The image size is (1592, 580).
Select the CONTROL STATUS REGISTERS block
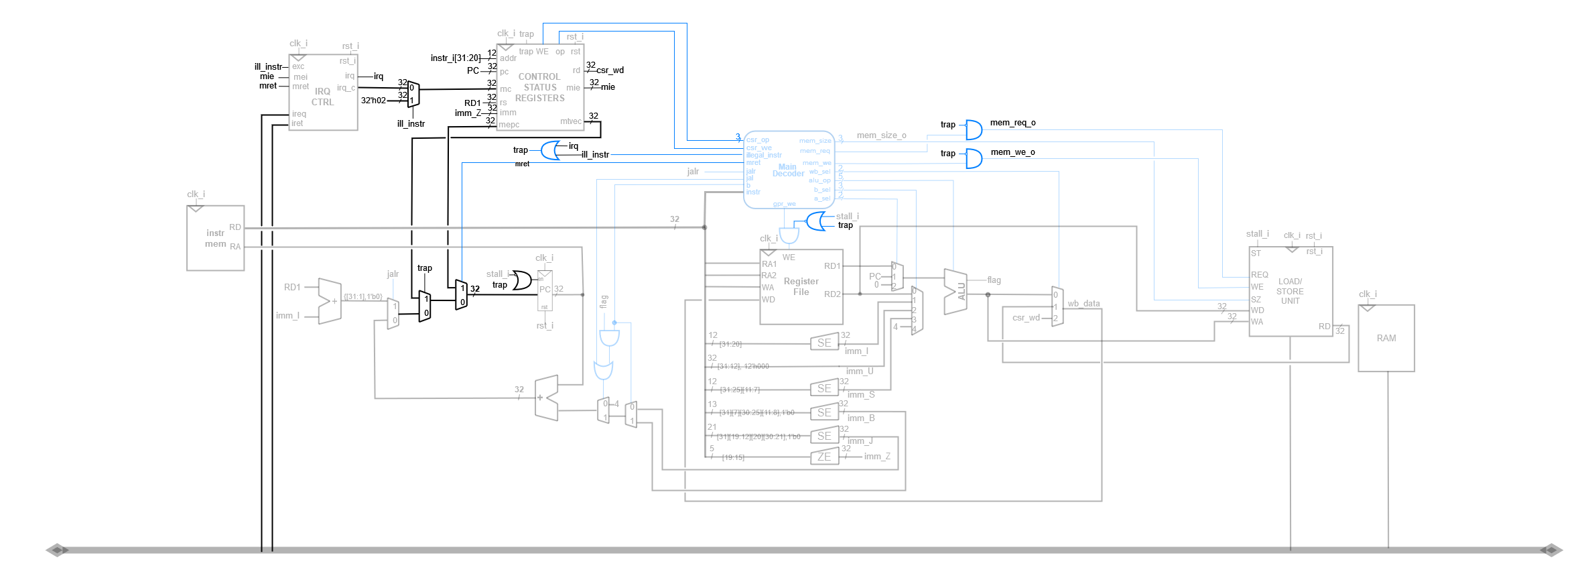540,87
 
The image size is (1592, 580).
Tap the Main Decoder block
789,170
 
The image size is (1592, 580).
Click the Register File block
801,287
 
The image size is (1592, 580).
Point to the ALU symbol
955,292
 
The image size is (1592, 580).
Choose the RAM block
1386,338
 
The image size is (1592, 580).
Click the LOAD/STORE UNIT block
1290,291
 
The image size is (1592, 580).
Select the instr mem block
215,238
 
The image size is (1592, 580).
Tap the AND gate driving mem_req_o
973,129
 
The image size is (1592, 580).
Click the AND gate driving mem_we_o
973,158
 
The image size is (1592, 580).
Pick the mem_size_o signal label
881,135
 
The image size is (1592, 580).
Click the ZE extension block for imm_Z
824,457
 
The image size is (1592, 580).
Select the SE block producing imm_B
824,413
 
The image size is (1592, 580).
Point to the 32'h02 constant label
373,101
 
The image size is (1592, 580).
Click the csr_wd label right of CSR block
610,70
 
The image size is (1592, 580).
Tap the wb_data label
1083,304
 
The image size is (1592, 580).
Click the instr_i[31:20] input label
455,58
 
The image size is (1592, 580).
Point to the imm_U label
859,371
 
